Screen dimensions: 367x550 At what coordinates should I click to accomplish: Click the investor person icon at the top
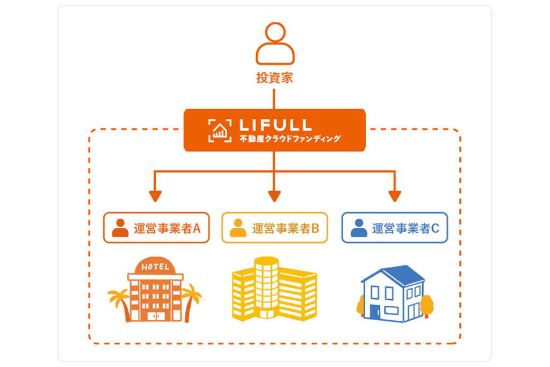(x=274, y=44)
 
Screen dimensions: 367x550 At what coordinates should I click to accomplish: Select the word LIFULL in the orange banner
(x=274, y=125)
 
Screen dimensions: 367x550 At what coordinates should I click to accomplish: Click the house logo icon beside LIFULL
(x=219, y=131)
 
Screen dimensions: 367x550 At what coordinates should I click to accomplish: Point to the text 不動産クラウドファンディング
(x=290, y=139)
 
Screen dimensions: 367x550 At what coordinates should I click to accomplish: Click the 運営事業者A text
(x=167, y=228)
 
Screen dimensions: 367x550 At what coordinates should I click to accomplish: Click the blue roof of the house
(x=400, y=275)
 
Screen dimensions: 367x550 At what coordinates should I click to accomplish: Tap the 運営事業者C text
(x=406, y=228)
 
